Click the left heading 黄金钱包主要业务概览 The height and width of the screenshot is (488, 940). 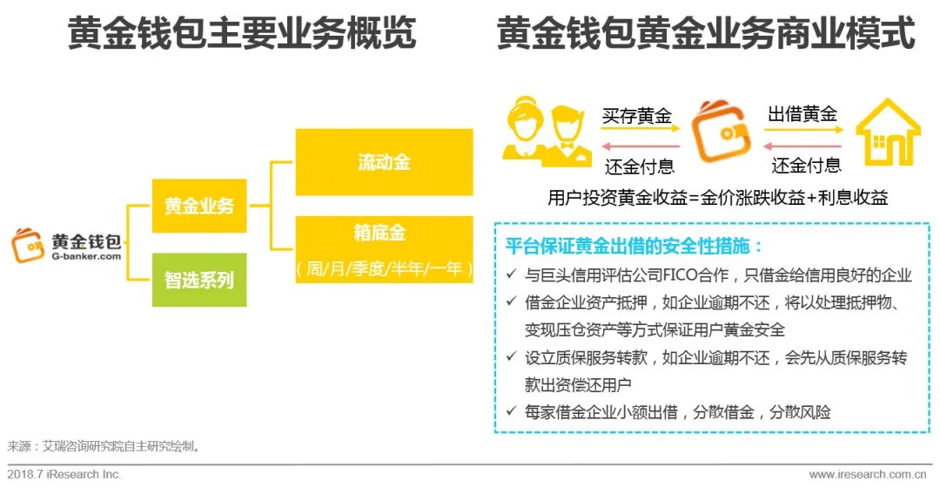click(241, 34)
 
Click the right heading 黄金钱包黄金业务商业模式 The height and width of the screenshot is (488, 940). click(705, 34)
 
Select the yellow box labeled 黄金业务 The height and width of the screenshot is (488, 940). click(199, 207)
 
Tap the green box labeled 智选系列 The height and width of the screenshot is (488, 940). click(199, 280)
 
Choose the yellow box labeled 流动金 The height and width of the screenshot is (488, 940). click(384, 162)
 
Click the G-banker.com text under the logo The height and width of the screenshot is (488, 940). click(85, 256)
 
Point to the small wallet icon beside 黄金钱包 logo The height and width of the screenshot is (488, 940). click(29, 246)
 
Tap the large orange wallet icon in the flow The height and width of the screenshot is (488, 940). click(720, 132)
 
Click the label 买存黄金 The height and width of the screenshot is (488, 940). click(638, 115)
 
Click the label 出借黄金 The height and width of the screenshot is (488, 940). click(802, 114)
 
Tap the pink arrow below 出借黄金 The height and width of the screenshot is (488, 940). click(803, 146)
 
